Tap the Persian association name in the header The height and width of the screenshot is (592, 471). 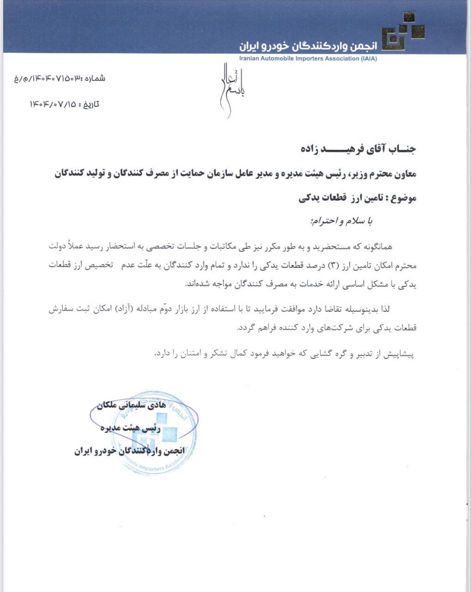pos(308,46)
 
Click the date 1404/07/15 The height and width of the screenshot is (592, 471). pos(52,104)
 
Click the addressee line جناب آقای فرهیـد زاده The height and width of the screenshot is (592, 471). pos(358,149)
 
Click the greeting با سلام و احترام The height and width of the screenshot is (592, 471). pos(343,222)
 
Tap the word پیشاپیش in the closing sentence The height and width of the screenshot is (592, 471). pos(400,354)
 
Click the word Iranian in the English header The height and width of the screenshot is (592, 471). pos(251,59)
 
